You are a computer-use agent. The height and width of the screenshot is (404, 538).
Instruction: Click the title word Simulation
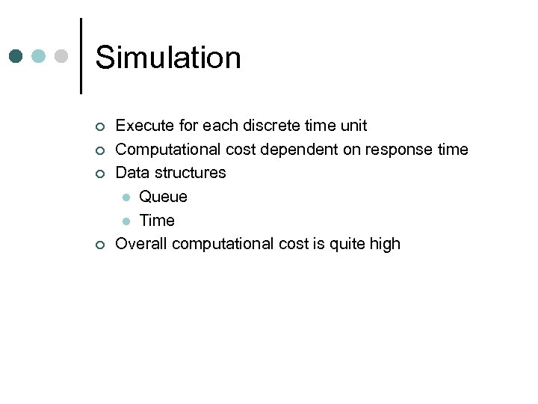click(168, 58)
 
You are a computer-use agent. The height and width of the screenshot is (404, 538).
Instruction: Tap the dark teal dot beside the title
click(16, 56)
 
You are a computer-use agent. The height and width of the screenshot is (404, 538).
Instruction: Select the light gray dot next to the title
click(63, 56)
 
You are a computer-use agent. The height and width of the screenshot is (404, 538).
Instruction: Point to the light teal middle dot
click(40, 56)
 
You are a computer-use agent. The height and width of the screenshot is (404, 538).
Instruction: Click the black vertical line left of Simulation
click(81, 56)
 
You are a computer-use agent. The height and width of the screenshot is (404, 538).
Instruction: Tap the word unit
click(352, 126)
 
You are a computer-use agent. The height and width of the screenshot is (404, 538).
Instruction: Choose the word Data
click(132, 173)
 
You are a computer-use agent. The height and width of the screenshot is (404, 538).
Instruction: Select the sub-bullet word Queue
click(163, 197)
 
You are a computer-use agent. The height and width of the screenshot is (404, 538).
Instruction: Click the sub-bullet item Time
click(157, 221)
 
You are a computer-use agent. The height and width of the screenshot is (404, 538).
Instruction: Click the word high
click(385, 244)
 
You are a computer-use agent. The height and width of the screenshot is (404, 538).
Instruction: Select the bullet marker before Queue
click(126, 198)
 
